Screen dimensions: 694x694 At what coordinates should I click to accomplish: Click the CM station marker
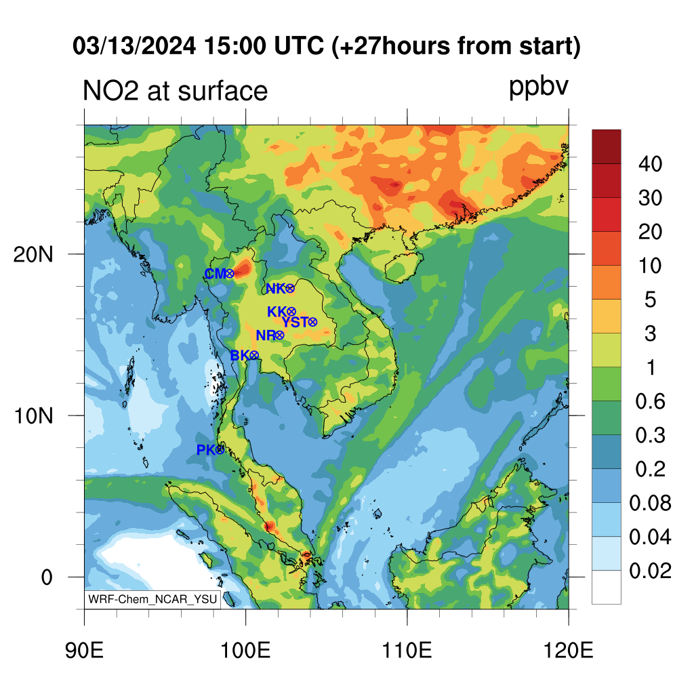click(229, 274)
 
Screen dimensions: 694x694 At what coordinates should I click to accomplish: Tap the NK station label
click(275, 289)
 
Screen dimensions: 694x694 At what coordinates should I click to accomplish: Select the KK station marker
click(291, 312)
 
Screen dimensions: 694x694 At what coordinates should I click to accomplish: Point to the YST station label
click(295, 322)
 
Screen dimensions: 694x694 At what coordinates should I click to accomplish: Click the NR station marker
click(279, 335)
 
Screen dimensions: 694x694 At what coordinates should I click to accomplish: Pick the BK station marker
click(254, 355)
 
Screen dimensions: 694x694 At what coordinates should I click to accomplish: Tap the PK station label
click(206, 450)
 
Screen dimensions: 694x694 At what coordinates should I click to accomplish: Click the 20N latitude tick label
click(33, 255)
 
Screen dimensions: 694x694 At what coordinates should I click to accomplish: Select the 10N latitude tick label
click(33, 416)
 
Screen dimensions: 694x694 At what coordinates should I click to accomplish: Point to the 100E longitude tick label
click(245, 651)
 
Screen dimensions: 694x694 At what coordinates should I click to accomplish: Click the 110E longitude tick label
click(407, 651)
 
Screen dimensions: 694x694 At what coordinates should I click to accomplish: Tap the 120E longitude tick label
click(569, 651)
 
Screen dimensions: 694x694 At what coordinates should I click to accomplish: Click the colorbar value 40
click(650, 164)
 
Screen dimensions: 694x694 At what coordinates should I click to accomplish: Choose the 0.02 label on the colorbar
click(650, 571)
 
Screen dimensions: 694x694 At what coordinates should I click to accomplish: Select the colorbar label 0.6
click(650, 401)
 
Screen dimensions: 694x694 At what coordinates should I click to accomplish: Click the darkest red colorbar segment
click(607, 147)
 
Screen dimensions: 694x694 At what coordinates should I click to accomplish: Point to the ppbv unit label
click(538, 87)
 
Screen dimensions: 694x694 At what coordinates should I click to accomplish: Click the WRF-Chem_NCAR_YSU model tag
click(152, 599)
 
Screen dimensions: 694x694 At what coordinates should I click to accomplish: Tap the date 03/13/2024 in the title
click(134, 46)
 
